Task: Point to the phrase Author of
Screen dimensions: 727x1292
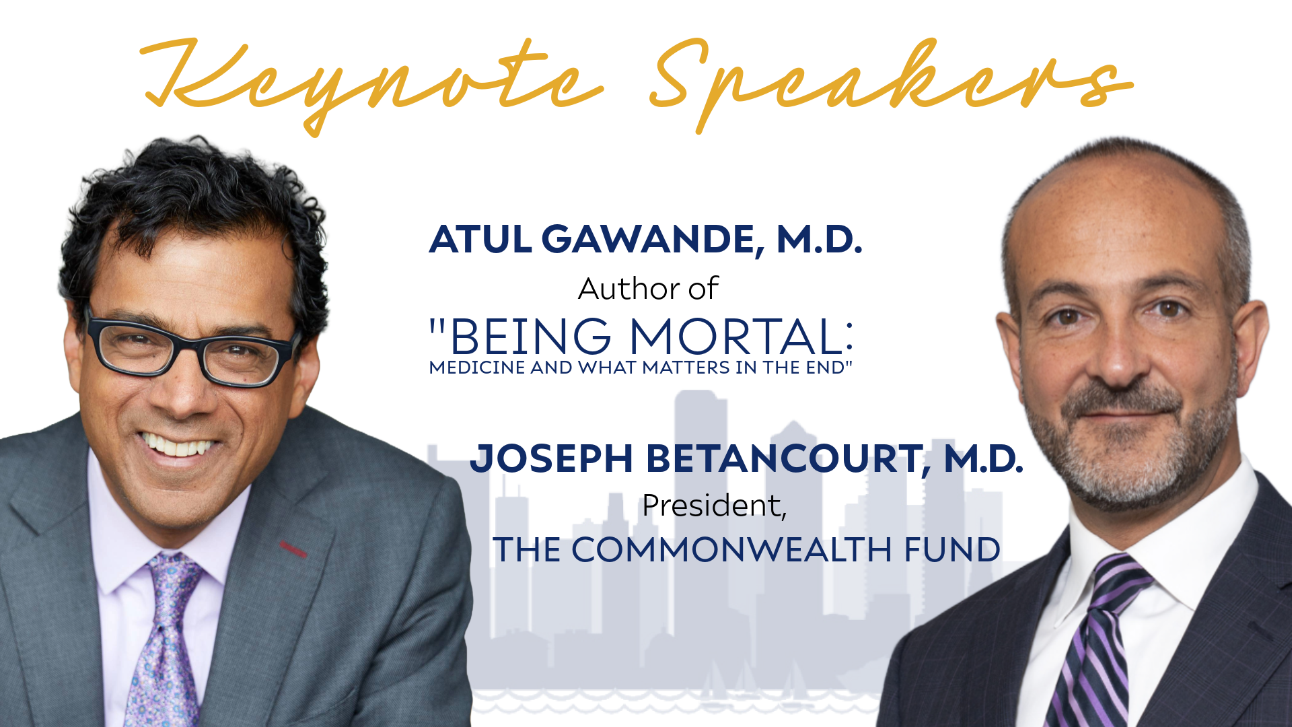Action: pyautogui.click(x=648, y=289)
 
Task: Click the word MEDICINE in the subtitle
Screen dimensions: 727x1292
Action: pyautogui.click(x=477, y=368)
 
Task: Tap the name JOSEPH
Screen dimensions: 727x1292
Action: pyautogui.click(x=551, y=459)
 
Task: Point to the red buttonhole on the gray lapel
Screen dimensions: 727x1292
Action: pyautogui.click(x=293, y=549)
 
